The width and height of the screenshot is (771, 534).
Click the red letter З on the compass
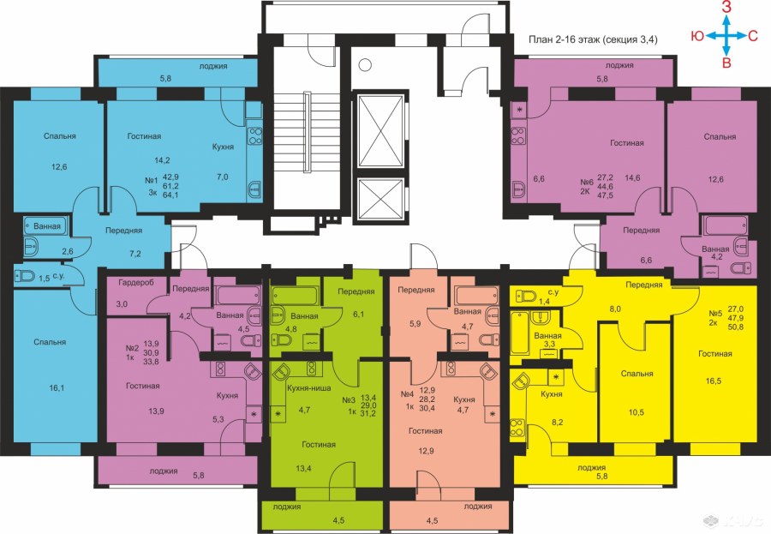coord(726,8)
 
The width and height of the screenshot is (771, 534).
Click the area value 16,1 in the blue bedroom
coord(57,388)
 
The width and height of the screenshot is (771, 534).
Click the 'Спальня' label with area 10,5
coord(637,374)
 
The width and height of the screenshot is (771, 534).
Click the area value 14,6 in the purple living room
coord(632,178)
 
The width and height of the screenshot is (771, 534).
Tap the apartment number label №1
coord(152,181)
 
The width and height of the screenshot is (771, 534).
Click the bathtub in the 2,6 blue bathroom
coord(43,225)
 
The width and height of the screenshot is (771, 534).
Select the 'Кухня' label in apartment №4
coord(464,399)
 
